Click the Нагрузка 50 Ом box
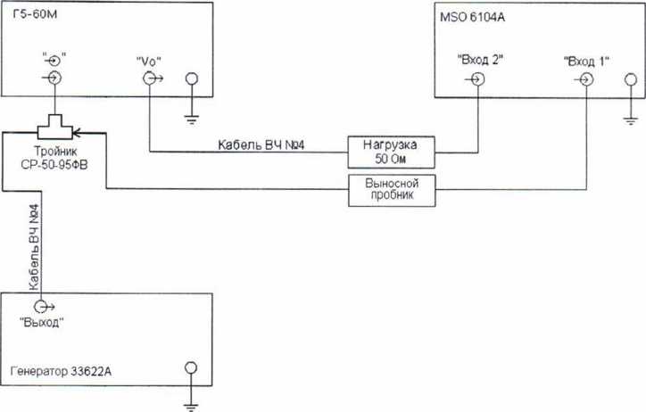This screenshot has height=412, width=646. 391,150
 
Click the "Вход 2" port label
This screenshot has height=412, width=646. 480,60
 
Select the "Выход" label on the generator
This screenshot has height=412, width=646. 42,323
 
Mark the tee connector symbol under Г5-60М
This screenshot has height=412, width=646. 54,124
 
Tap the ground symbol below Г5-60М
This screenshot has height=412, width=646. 189,108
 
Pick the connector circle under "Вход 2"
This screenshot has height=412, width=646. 479,78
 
